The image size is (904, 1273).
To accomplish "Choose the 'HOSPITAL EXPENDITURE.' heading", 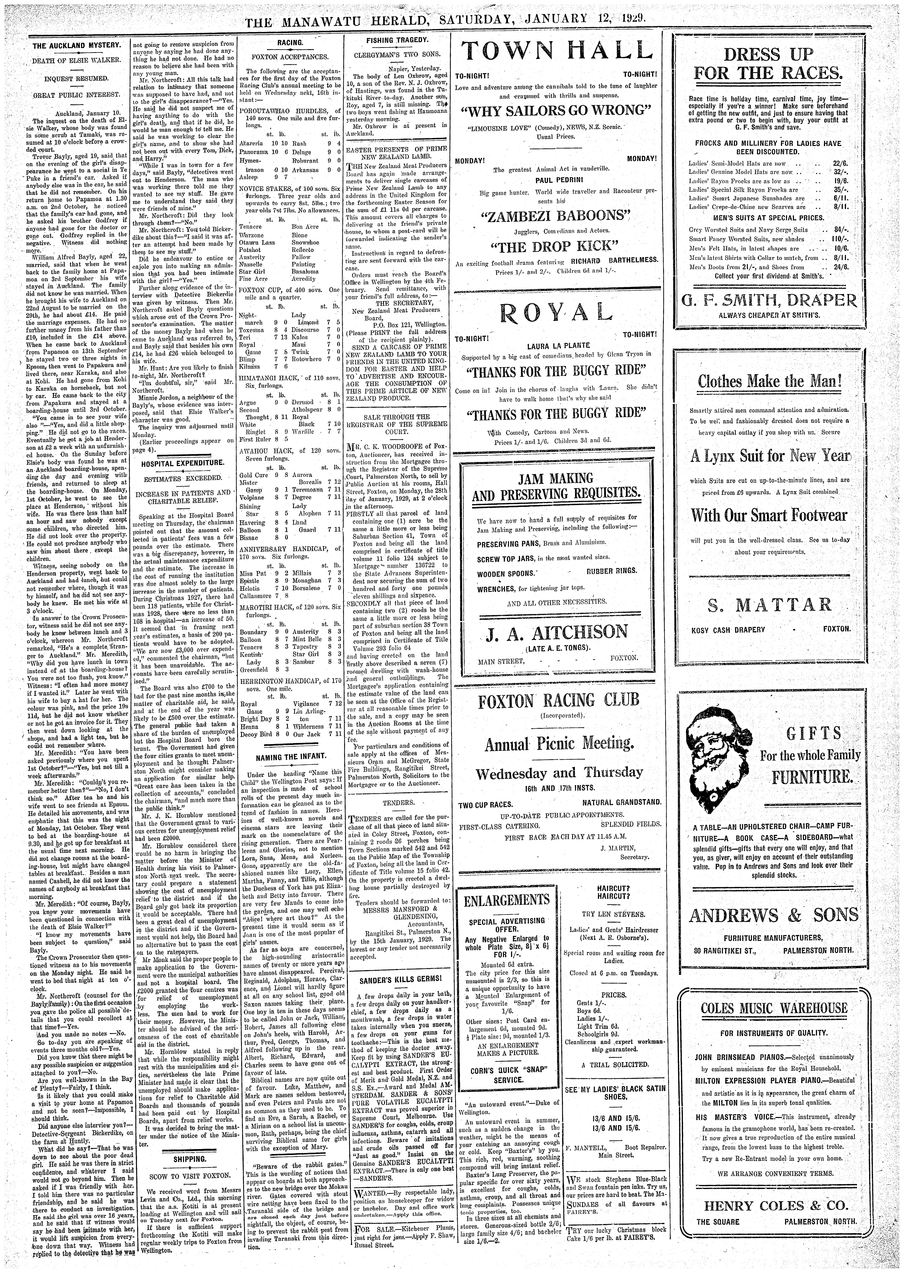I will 183,463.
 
